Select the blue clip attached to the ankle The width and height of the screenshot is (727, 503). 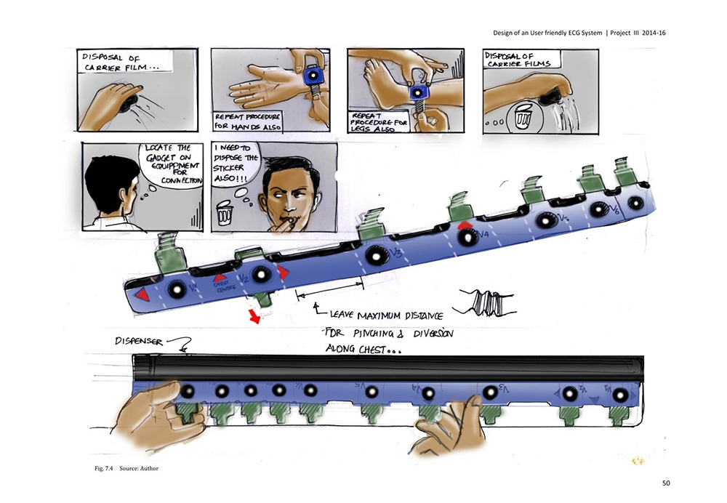[418, 93]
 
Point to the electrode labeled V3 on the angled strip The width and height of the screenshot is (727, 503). [377, 255]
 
